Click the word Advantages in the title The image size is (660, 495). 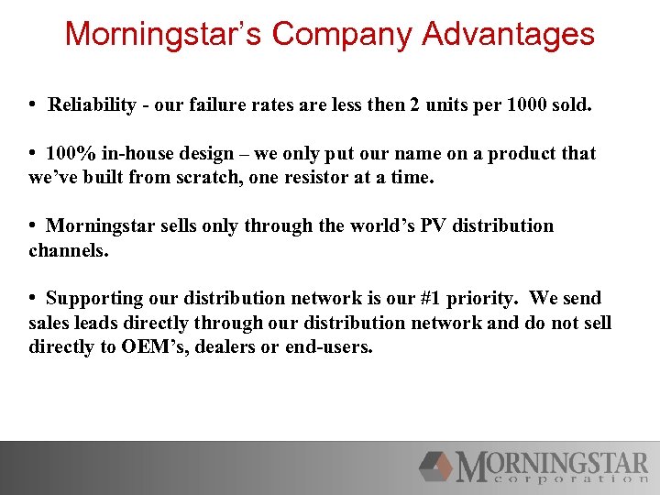(x=509, y=35)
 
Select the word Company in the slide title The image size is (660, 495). (x=344, y=35)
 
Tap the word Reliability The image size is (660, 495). (x=93, y=105)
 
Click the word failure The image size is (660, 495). (x=211, y=105)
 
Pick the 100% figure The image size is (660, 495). (x=70, y=153)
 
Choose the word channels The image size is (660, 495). (x=68, y=249)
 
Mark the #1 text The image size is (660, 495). (x=431, y=298)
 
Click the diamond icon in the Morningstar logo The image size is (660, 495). (x=436, y=466)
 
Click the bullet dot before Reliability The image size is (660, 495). (x=33, y=105)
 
